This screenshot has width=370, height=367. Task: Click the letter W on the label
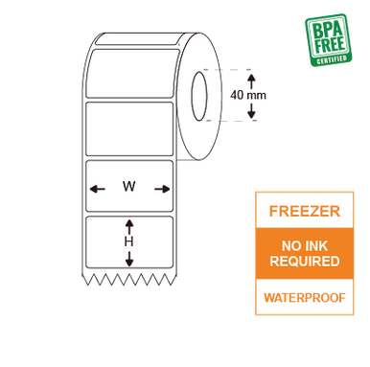point(128,187)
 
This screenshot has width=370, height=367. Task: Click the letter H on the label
point(128,241)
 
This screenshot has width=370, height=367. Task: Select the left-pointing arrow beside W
point(97,189)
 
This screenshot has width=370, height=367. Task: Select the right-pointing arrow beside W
point(162,189)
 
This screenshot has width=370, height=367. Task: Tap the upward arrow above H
point(128,225)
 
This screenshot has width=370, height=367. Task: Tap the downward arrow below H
point(128,259)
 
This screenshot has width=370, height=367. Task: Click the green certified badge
point(328,39)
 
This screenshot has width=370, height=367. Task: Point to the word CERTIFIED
point(332,59)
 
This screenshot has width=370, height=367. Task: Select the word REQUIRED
point(304,261)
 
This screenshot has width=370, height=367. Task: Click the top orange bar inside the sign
point(304,211)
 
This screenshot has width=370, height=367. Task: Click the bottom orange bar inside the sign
point(304,296)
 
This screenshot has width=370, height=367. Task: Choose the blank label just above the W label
point(129,127)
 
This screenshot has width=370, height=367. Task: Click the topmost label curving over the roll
point(134,67)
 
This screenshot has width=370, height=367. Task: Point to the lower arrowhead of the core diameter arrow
point(252,117)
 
